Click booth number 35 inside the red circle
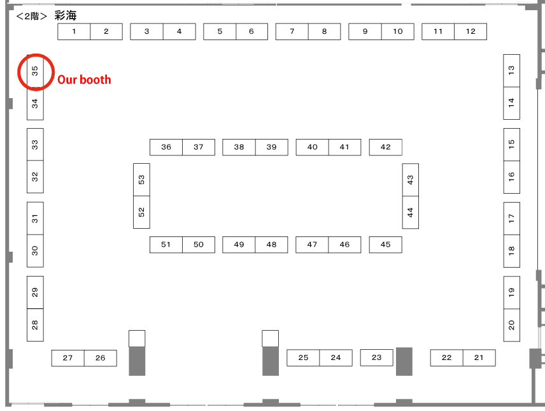point(35,71)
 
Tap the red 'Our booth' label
point(84,80)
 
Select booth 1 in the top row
point(74,31)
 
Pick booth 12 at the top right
point(471,31)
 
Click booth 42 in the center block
point(385,147)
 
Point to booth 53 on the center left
point(141,180)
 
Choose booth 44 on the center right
point(410,212)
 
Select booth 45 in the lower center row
point(385,245)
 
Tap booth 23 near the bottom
point(376,357)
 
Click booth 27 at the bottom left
point(68,358)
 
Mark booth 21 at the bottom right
point(479,358)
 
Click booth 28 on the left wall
point(35,325)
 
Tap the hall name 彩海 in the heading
point(66,16)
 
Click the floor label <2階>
point(32,16)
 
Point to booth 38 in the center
point(239,147)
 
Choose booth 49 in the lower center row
point(239,245)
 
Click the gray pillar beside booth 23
point(404,361)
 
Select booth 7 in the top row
point(292,31)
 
